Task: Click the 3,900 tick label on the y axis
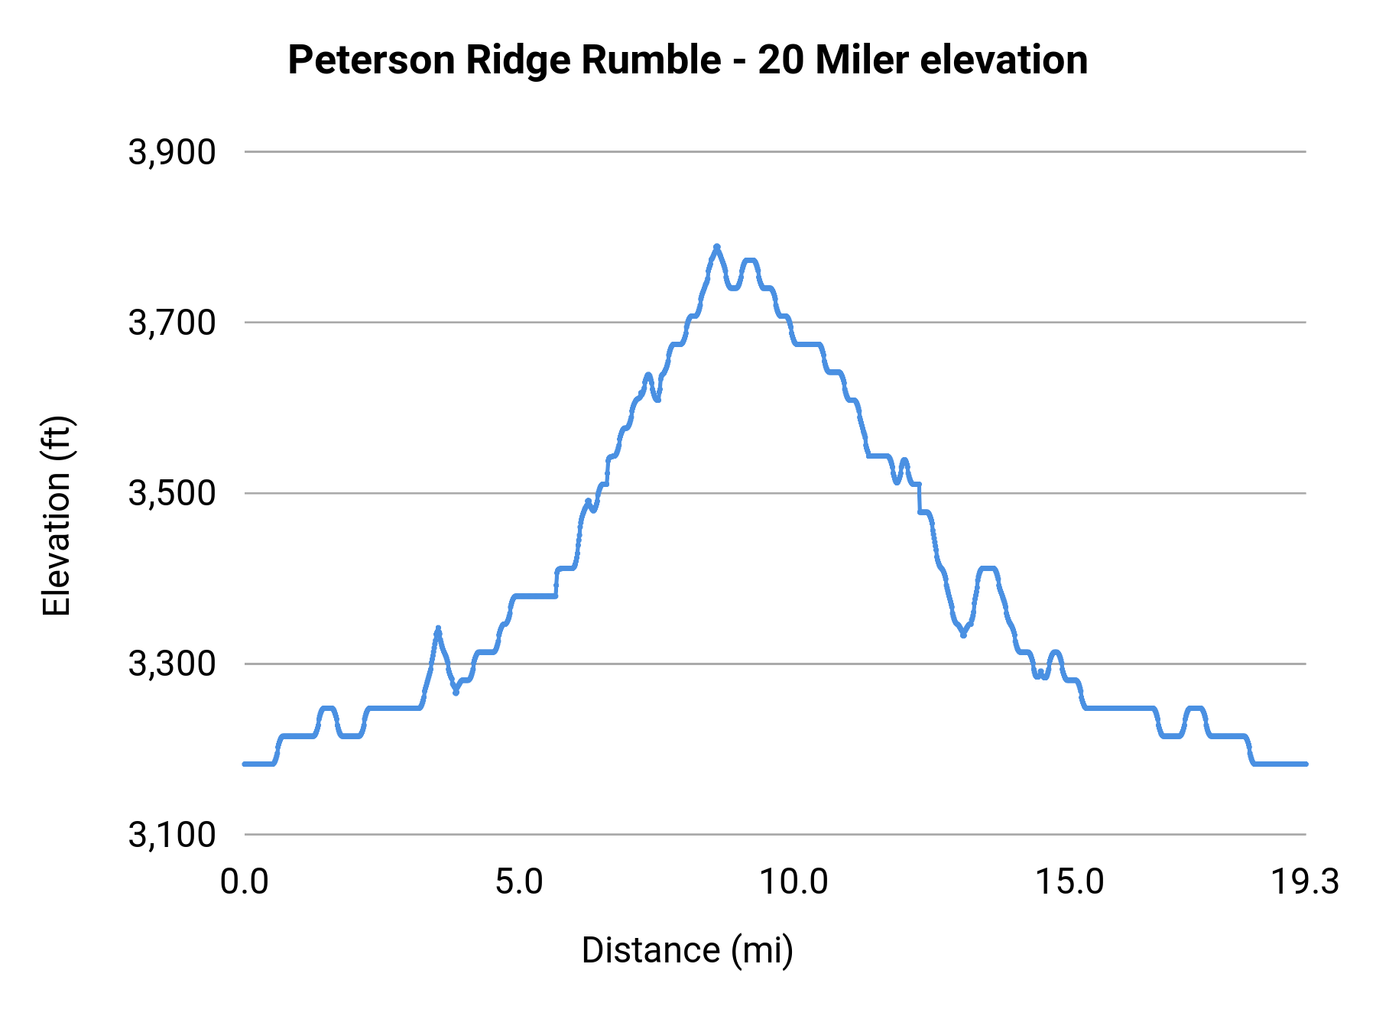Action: point(172,152)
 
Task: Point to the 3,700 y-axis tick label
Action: point(172,323)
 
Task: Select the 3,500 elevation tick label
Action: point(172,493)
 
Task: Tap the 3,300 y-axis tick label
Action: point(172,664)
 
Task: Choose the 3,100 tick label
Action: point(172,834)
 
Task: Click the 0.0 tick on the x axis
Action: point(245,881)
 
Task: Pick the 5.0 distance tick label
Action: point(519,881)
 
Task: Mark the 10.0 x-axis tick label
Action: point(793,881)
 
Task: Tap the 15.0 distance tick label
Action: point(1069,881)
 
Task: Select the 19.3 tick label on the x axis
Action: point(1305,881)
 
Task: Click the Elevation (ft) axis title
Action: point(57,516)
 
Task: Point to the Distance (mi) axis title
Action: point(687,950)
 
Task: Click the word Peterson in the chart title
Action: point(372,60)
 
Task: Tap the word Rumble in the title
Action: point(651,60)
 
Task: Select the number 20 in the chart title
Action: point(780,60)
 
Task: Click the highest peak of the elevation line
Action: point(717,247)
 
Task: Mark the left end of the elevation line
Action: point(245,764)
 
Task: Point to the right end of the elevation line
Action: point(1306,764)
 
